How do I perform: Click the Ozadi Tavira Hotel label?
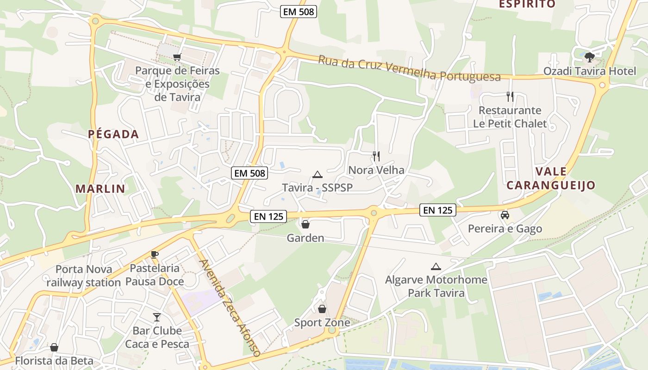click(x=590, y=71)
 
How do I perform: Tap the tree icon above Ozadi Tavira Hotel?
click(x=589, y=57)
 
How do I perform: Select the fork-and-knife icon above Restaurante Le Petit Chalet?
click(x=510, y=97)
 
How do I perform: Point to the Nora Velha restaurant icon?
click(x=376, y=156)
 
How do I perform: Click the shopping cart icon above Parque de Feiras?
click(x=177, y=57)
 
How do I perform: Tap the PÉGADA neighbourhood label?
click(x=113, y=135)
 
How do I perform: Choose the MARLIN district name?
click(x=100, y=189)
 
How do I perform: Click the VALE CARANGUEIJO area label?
click(x=551, y=179)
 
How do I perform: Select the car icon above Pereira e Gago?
click(x=505, y=215)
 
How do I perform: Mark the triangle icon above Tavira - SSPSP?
click(x=317, y=174)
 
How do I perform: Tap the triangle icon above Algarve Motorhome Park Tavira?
click(x=436, y=266)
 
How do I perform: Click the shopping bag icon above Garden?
click(x=305, y=225)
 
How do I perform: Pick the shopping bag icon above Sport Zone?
click(x=322, y=309)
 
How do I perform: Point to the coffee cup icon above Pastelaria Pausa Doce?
click(x=155, y=254)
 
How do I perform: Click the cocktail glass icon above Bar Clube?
click(x=157, y=317)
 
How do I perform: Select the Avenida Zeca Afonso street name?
click(x=230, y=308)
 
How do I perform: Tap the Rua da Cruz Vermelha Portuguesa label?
click(x=409, y=68)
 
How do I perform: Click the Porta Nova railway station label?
click(x=83, y=276)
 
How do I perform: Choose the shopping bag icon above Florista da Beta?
click(x=54, y=347)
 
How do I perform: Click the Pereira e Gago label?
click(x=505, y=228)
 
